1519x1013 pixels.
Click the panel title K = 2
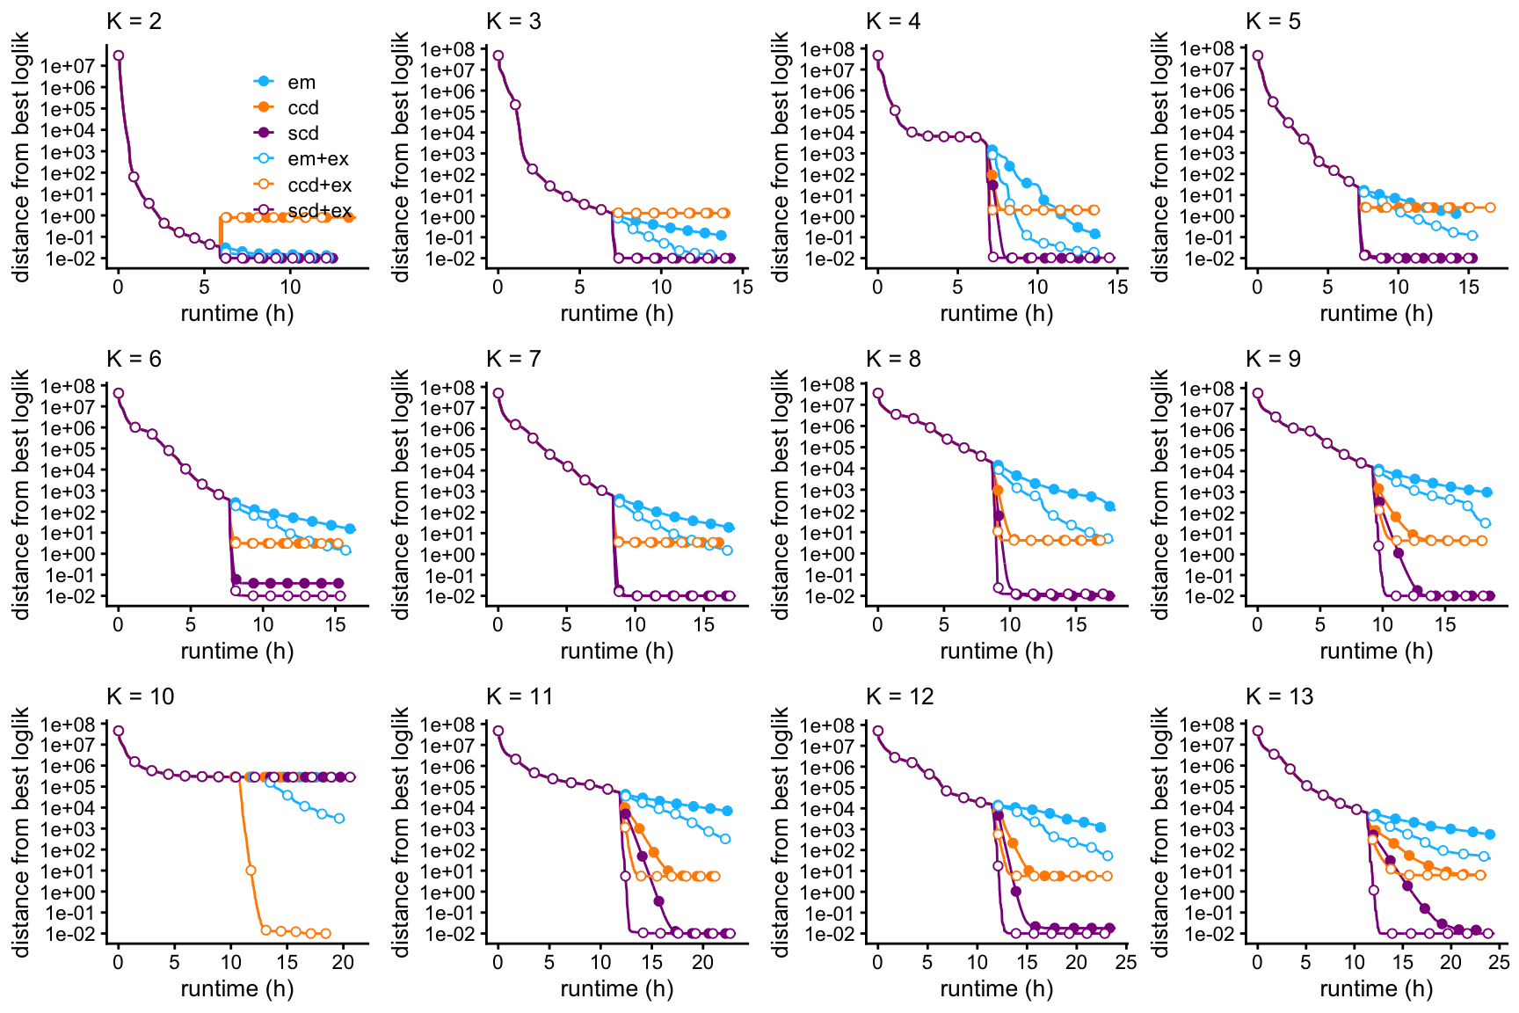click(x=134, y=21)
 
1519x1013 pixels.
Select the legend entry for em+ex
click(x=317, y=159)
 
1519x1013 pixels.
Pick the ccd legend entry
click(x=302, y=108)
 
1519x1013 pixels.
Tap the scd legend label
click(x=302, y=134)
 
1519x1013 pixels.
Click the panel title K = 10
click(x=140, y=696)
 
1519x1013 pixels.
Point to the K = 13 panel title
click(x=1279, y=696)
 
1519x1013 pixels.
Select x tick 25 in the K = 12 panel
click(x=1126, y=962)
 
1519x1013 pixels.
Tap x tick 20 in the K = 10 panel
click(x=343, y=962)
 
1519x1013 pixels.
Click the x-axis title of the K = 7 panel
click(x=616, y=652)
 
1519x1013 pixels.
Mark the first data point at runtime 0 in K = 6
click(x=119, y=393)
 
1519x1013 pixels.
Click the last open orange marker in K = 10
click(x=325, y=934)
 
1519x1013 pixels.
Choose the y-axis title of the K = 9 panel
click(x=1160, y=494)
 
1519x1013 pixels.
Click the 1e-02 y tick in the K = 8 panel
click(x=827, y=596)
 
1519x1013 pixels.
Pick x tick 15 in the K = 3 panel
click(x=742, y=287)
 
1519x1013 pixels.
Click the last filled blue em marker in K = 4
click(x=1094, y=234)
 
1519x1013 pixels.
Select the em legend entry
click(x=301, y=83)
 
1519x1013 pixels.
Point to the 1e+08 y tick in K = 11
click(x=447, y=725)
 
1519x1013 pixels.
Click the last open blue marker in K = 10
click(x=339, y=819)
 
